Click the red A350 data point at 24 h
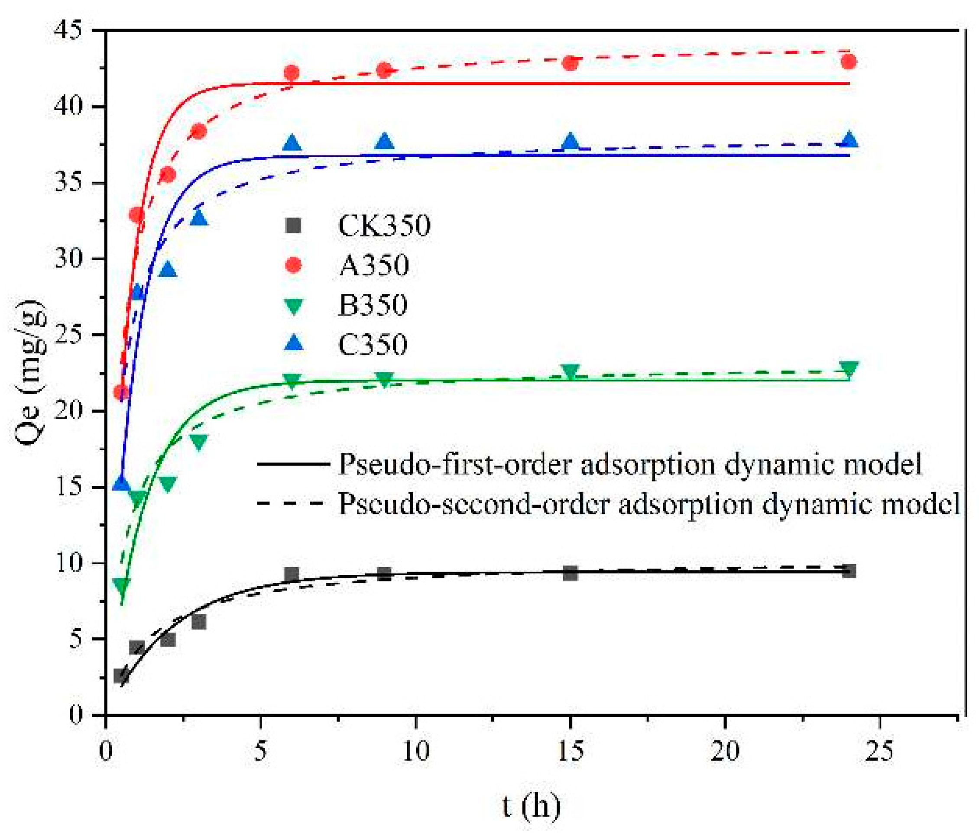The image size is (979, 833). [849, 62]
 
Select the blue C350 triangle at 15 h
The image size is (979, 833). [571, 141]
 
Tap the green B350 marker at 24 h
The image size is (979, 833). [849, 368]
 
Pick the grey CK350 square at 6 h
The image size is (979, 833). [292, 574]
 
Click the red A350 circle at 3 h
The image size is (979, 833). [199, 131]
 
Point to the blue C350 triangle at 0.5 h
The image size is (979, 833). [121, 483]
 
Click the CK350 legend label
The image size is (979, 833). [384, 226]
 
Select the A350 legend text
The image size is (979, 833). [373, 265]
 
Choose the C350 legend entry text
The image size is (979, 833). [372, 344]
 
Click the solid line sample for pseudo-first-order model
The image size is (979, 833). [293, 464]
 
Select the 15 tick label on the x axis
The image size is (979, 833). [571, 750]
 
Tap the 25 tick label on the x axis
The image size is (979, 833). [879, 750]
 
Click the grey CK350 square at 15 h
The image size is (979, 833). [571, 573]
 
